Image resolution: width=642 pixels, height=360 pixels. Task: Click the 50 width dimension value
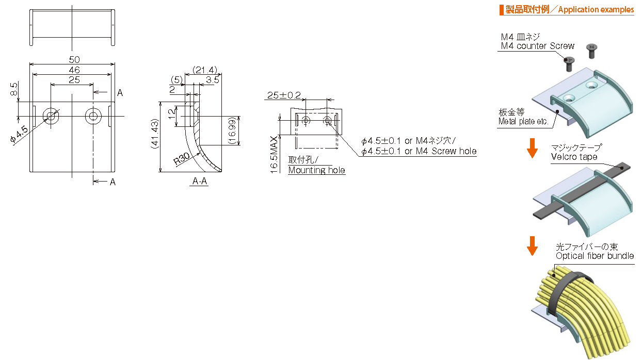pos(72,60)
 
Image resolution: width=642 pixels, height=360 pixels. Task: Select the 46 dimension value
pos(72,70)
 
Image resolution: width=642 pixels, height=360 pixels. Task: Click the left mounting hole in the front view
pos(50,116)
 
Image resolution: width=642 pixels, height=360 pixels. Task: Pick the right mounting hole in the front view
pos(93,116)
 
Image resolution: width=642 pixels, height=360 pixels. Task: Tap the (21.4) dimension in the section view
pos(204,70)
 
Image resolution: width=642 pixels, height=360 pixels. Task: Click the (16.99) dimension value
pos(233,130)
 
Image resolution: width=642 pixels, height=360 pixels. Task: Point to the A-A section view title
pos(200,182)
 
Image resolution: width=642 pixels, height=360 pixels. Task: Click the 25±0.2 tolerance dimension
pos(283,95)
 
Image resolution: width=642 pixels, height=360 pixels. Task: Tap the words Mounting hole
pos(316,170)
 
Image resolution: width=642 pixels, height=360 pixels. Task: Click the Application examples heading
pos(596,9)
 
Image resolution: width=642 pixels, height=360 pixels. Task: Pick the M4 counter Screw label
pos(537,46)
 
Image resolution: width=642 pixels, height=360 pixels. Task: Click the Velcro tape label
pos(574,157)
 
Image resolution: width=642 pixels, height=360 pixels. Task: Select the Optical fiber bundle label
pos(595,256)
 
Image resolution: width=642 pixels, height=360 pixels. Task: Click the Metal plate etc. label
pos(523,122)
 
